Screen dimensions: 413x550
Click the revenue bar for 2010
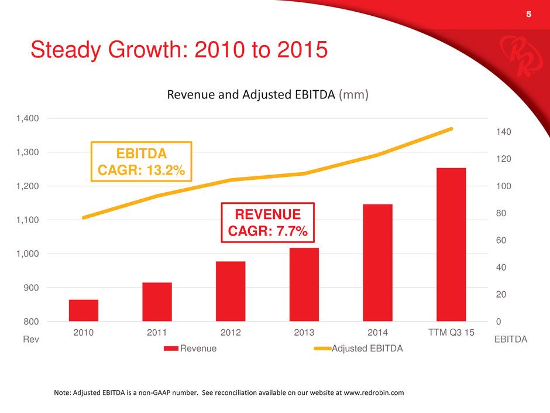pos(84,310)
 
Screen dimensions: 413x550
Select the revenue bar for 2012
pos(231,291)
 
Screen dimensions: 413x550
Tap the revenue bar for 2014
pos(377,262)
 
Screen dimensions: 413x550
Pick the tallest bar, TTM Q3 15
pos(451,244)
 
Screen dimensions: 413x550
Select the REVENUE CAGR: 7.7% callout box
pos(267,223)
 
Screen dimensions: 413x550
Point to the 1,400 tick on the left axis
pos(27,118)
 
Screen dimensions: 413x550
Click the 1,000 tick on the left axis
pos(27,254)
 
